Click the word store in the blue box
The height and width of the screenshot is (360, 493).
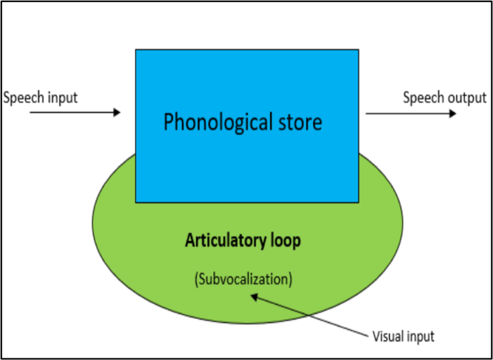coord(298,122)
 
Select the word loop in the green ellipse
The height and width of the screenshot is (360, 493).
coord(283,242)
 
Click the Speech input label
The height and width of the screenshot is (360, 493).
coord(40,98)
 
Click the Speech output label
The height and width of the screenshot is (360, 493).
coord(445,98)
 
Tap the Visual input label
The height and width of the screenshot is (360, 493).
coord(403,336)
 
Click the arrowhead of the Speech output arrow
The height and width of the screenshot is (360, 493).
coord(453,113)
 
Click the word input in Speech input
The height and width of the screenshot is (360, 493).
coord(61,98)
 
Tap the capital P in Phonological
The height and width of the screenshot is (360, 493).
coord(169,122)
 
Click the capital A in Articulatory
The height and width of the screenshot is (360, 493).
coord(190,242)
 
